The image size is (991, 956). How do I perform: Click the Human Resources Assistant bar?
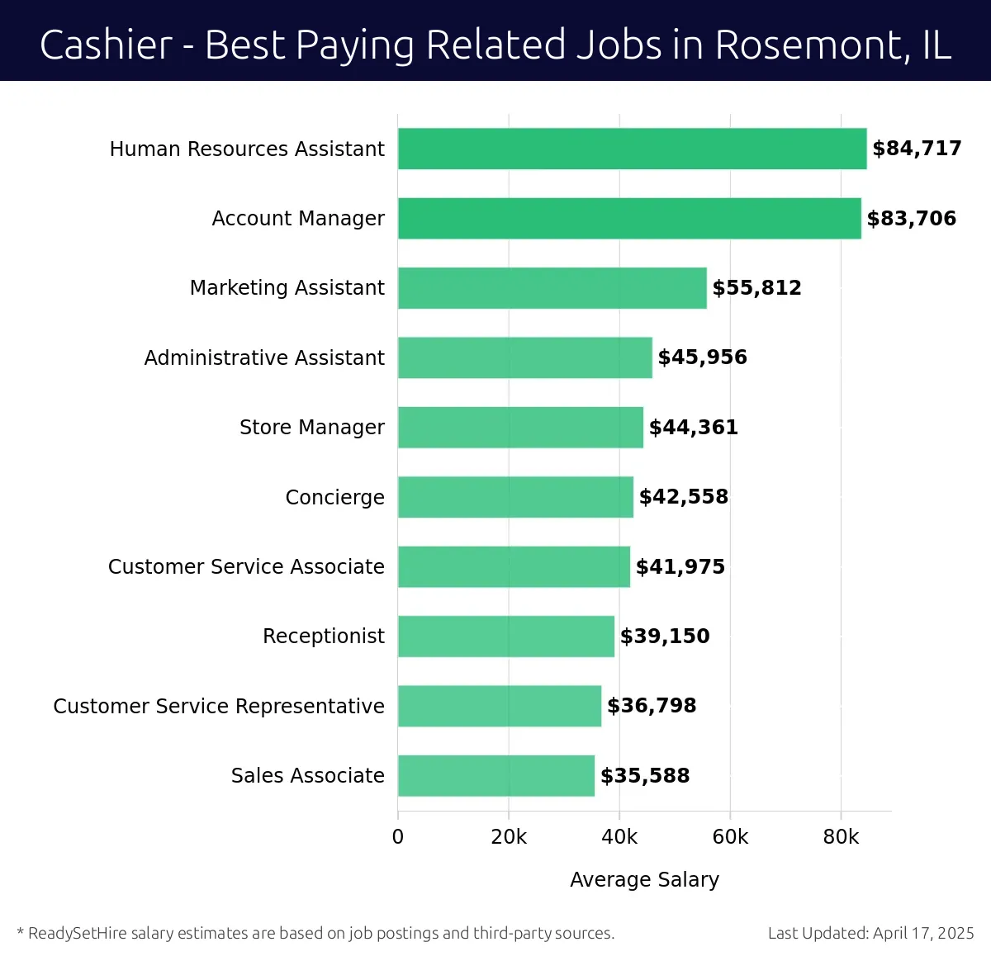pyautogui.click(x=632, y=149)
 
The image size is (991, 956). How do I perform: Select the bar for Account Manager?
pyautogui.click(x=629, y=218)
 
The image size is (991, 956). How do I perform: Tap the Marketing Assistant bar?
pyautogui.click(x=552, y=288)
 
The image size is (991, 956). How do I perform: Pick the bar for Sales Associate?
pyautogui.click(x=495, y=775)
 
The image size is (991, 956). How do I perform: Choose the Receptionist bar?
pyautogui.click(x=505, y=637)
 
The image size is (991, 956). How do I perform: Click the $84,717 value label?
pyautogui.click(x=917, y=149)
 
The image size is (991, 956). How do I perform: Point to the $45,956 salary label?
pyautogui.click(x=702, y=357)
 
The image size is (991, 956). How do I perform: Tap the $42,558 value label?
pyautogui.click(x=683, y=497)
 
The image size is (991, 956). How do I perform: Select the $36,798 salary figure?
pyautogui.click(x=652, y=706)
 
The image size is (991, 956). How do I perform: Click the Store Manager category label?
pyautogui.click(x=311, y=428)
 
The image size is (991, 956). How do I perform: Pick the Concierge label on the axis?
pyautogui.click(x=334, y=497)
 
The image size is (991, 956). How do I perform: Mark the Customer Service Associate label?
pyautogui.click(x=246, y=567)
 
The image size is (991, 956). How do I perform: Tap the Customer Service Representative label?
pyautogui.click(x=219, y=707)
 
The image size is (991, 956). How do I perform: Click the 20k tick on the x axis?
pyautogui.click(x=509, y=837)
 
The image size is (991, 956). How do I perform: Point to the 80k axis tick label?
pyautogui.click(x=841, y=837)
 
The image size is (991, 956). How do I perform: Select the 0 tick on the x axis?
pyautogui.click(x=398, y=837)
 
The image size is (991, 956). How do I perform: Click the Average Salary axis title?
pyautogui.click(x=644, y=880)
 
